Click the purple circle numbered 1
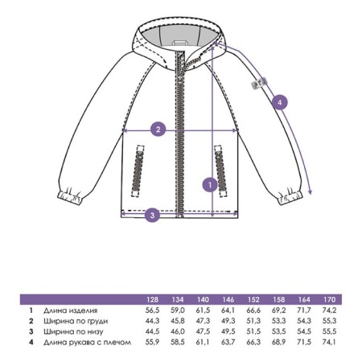210,184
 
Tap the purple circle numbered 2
158,130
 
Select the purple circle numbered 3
152,215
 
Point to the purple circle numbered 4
280,102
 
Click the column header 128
152,299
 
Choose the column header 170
329,299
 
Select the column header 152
253,299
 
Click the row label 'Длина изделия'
70,311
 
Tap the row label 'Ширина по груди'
76,321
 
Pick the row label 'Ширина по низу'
73,331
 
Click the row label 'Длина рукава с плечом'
88,343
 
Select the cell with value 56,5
152,311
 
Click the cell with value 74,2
329,311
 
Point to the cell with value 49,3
228,321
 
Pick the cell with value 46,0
178,331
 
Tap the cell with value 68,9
278,342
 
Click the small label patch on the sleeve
259,83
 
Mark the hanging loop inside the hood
180,43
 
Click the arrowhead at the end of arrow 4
311,192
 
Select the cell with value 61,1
203,342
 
